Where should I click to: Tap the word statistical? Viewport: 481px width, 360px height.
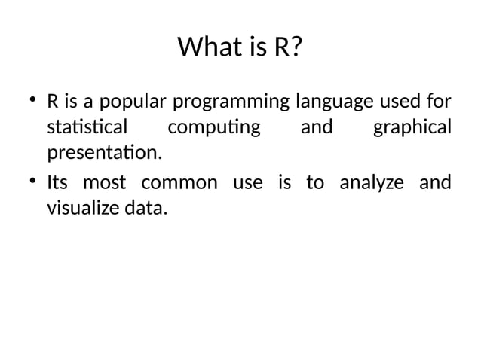pos(87,127)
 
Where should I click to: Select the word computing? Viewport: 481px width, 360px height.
pos(214,127)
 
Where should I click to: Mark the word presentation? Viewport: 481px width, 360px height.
pos(104,154)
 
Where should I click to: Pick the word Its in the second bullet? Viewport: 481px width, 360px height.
pos(57,182)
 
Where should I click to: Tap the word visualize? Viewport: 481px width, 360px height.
pos(83,209)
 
